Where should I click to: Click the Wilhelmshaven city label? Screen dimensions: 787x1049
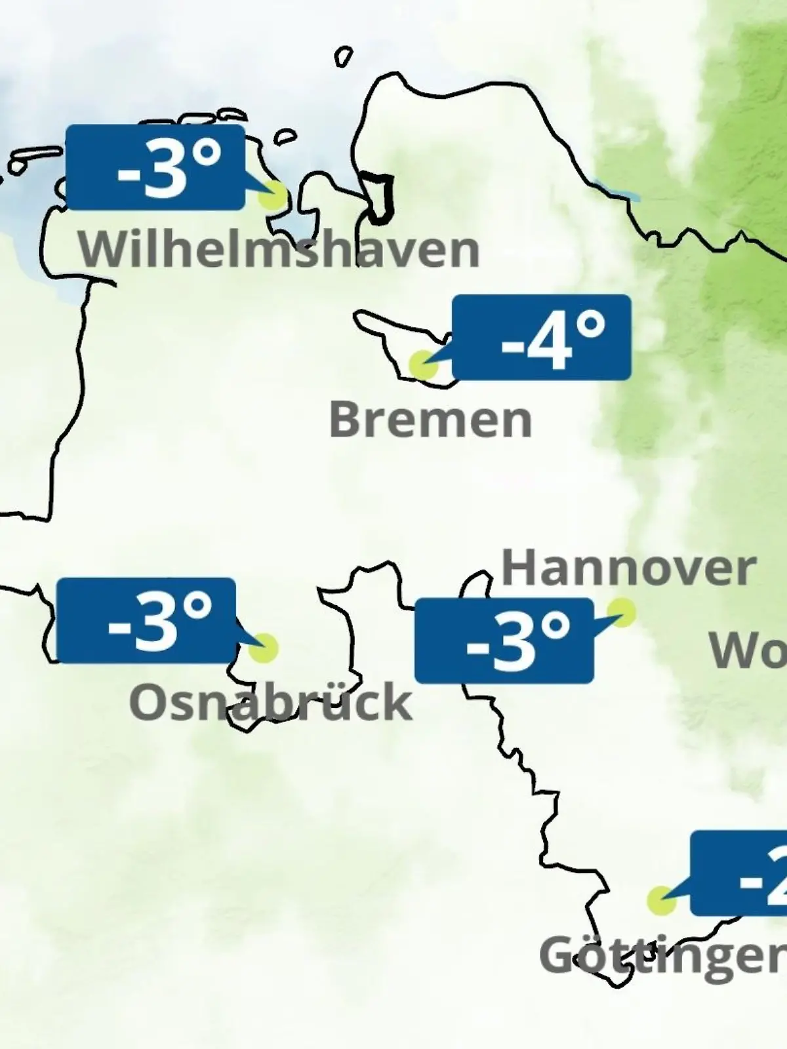click(279, 250)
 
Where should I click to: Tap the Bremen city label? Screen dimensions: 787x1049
click(430, 420)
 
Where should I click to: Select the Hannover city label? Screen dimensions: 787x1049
click(628, 568)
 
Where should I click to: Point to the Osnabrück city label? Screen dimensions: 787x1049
click(271, 702)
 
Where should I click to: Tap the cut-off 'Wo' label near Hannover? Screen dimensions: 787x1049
click(748, 651)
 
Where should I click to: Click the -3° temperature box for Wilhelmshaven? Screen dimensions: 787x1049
click(155, 168)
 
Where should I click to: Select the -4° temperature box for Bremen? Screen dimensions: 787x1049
click(542, 337)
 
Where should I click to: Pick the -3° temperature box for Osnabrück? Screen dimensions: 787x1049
click(146, 620)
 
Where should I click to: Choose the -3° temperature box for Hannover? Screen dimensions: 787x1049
click(504, 641)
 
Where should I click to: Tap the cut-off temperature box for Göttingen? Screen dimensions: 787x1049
click(740, 873)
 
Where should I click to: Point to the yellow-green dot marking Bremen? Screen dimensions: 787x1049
click(422, 365)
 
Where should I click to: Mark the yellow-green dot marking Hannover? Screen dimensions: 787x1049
click(621, 612)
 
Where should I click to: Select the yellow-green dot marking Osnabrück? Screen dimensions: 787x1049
click(264, 648)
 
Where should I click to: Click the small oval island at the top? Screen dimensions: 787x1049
click(344, 56)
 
